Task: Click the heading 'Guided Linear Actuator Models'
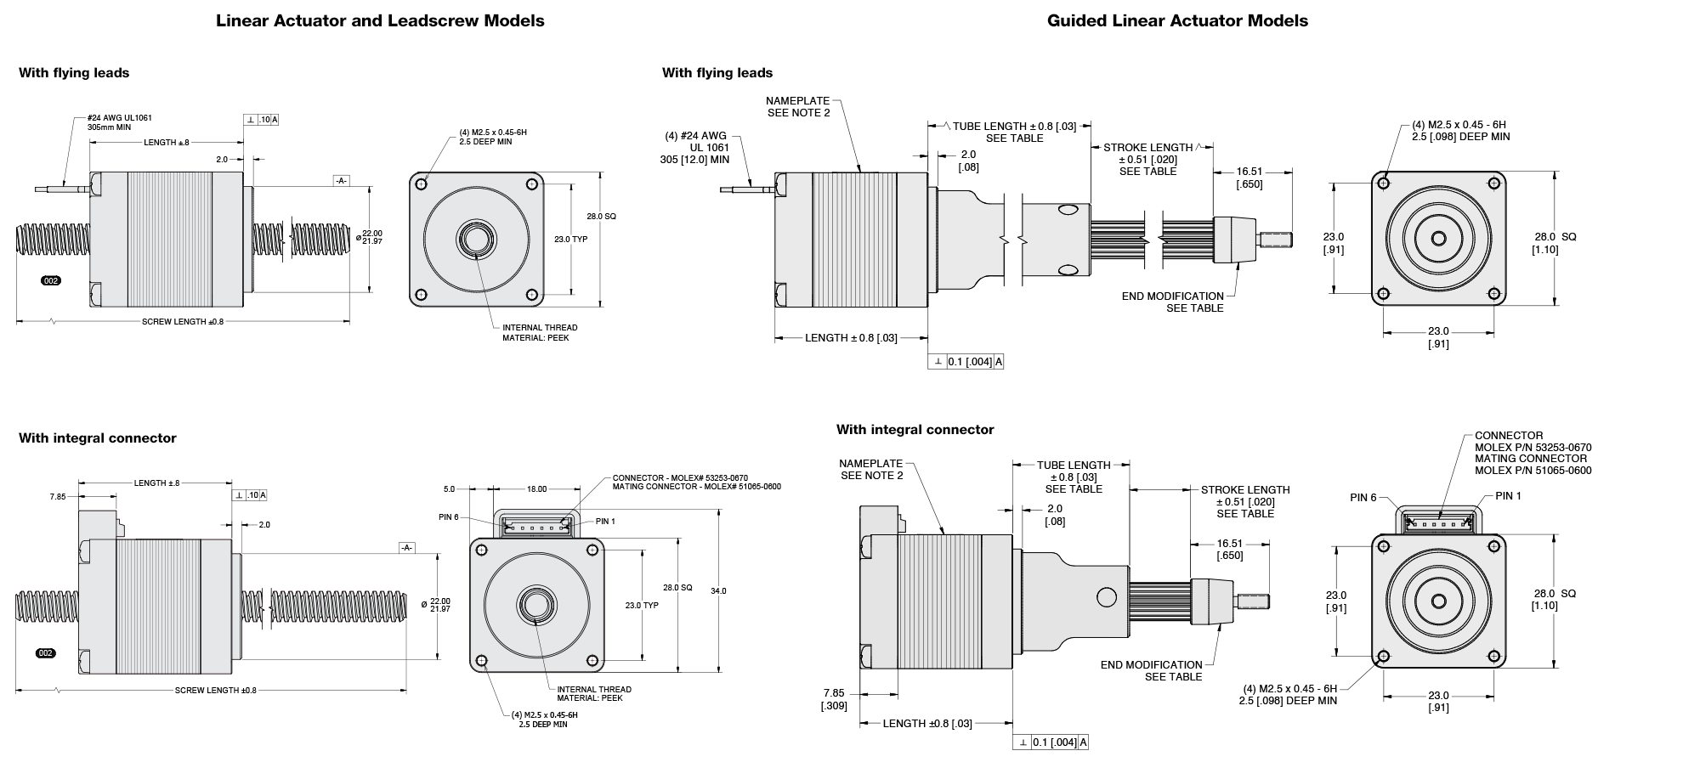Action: [x=1177, y=21]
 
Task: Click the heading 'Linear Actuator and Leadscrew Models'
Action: [x=380, y=21]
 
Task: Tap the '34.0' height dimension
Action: [x=718, y=591]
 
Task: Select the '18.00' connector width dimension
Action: [x=536, y=489]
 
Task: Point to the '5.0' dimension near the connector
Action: [x=449, y=489]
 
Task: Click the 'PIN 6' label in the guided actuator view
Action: [x=1363, y=498]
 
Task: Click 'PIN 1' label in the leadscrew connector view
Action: [x=605, y=522]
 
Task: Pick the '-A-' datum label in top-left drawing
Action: [x=340, y=181]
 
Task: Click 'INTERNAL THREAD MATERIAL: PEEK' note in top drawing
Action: [x=539, y=332]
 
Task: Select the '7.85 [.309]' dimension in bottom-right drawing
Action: [x=834, y=699]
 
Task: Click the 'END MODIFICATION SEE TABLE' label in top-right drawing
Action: [x=1173, y=302]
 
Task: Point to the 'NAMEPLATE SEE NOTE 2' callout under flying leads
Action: [x=797, y=107]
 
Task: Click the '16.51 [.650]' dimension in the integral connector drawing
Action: [x=1229, y=550]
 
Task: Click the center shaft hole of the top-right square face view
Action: [x=1438, y=240]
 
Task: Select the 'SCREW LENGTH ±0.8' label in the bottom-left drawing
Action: [x=215, y=691]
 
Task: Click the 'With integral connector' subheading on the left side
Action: [x=98, y=438]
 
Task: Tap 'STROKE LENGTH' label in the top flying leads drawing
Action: [x=1147, y=148]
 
